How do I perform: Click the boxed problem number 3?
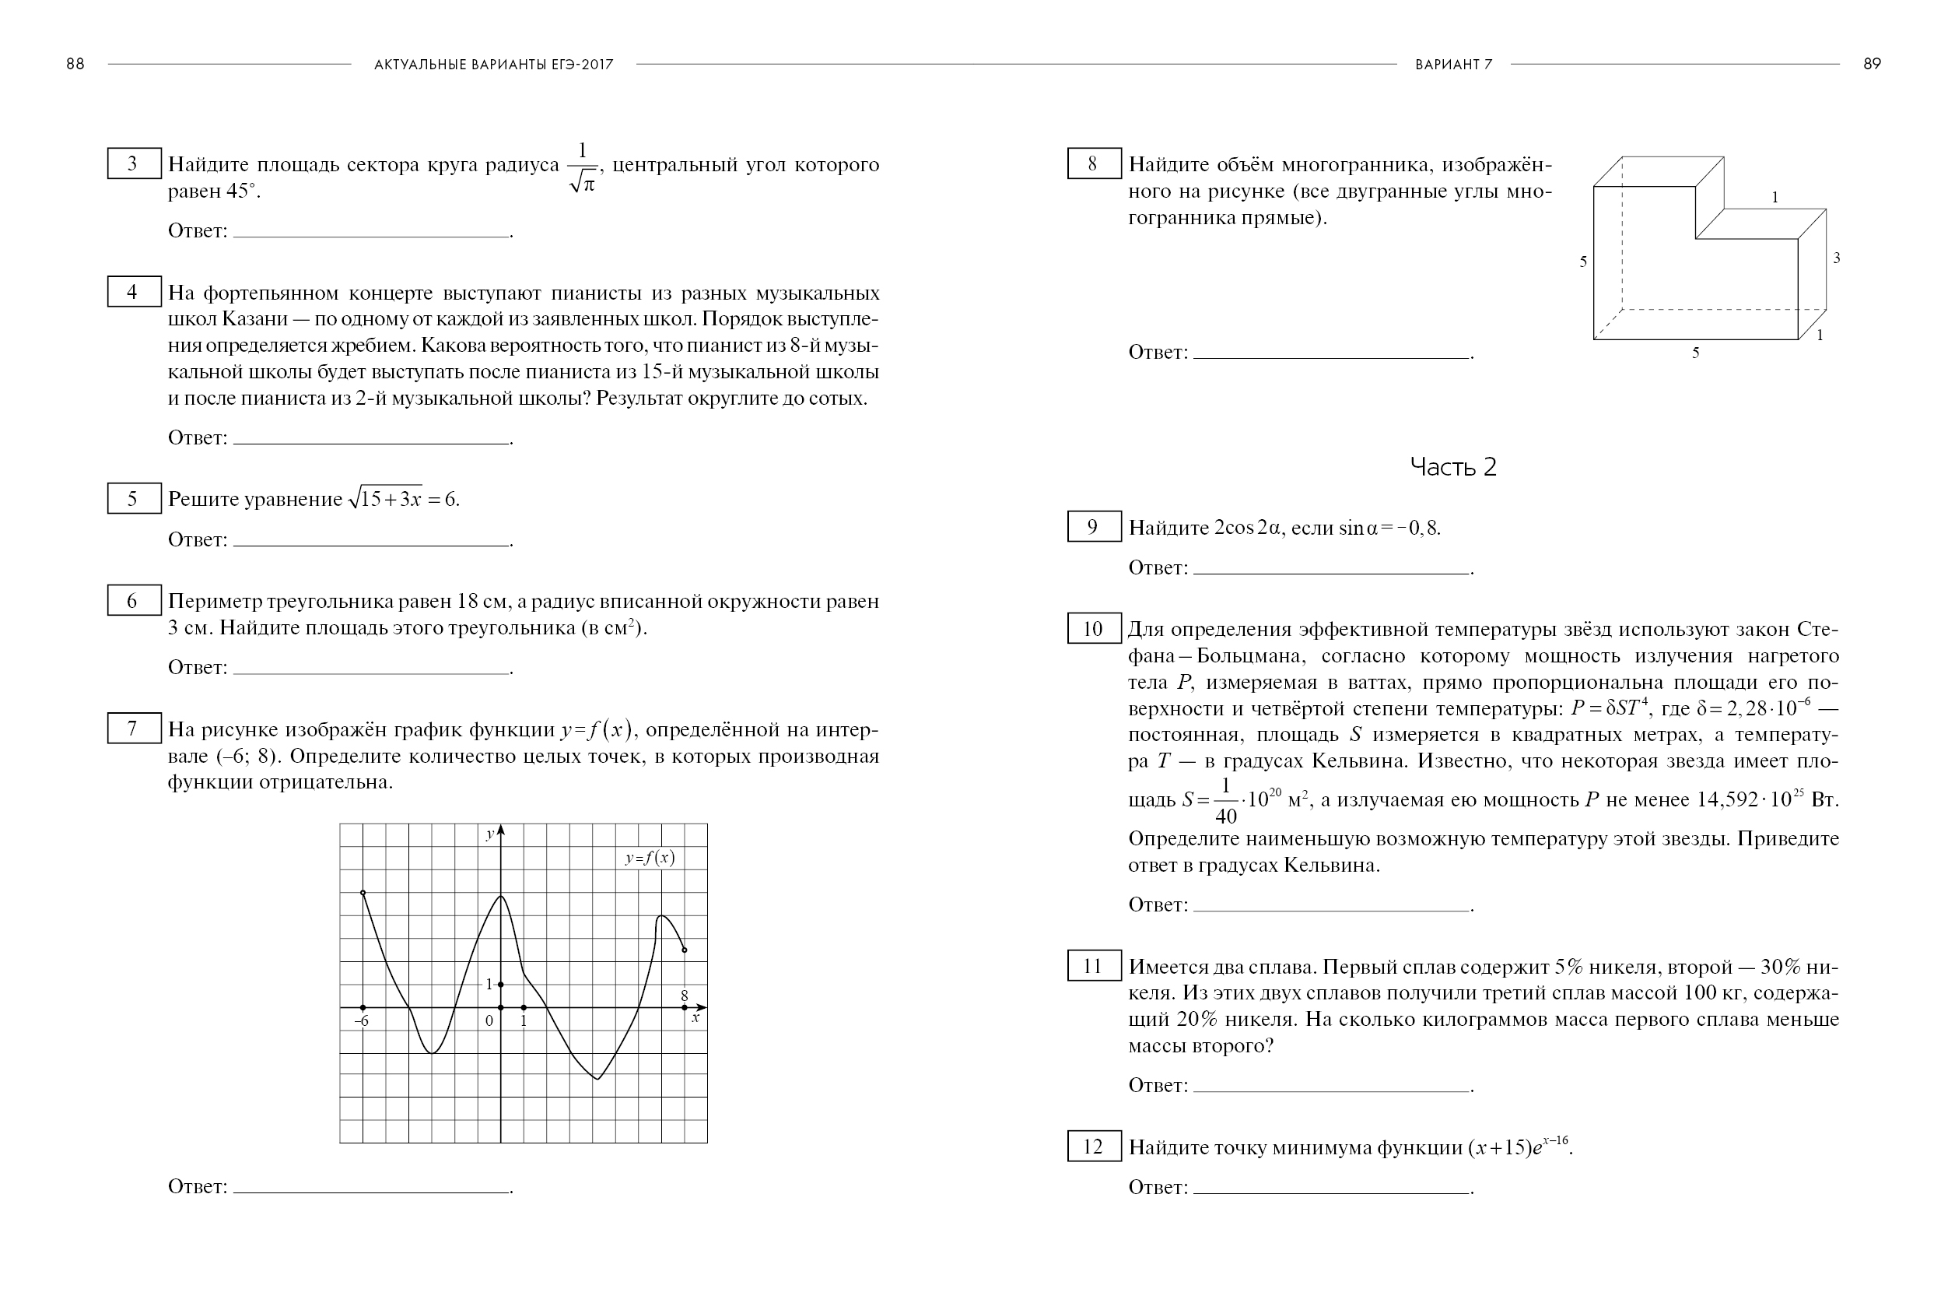pos(134,163)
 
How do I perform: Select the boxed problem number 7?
pos(134,729)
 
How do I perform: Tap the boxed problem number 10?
pos(1094,628)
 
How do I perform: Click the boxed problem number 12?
pos(1094,1147)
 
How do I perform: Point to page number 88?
pos(75,65)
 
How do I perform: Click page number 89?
pos(1872,65)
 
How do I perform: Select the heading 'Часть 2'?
pos(1453,467)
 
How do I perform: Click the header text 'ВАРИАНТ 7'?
pos(1453,65)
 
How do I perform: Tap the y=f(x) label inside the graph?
pos(650,858)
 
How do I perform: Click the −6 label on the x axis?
pos(362,1021)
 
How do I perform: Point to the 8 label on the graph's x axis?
pos(685,995)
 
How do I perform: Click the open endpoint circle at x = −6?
pos(363,893)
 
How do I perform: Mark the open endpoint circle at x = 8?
pos(685,950)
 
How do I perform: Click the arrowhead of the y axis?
pos(501,830)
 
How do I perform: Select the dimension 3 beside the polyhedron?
pos(1837,258)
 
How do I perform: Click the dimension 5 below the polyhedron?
pos(1695,353)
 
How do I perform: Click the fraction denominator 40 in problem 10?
pos(1226,817)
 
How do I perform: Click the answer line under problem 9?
pos(1331,573)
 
